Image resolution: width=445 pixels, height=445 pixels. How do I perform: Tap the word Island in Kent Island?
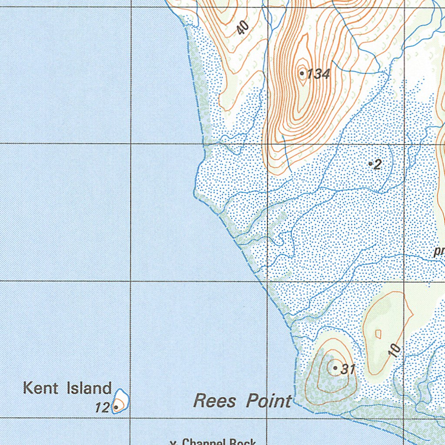coord(89,388)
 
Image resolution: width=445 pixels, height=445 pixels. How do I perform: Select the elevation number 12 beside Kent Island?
coord(103,408)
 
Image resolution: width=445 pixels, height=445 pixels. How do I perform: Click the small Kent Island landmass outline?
coord(120,400)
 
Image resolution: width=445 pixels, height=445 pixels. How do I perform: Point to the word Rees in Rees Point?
coord(215,401)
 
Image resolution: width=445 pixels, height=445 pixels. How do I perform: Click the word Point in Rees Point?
coord(269,401)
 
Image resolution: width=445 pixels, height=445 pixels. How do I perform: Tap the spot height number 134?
coord(319,74)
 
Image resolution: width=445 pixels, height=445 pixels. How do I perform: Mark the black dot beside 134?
coord(302,73)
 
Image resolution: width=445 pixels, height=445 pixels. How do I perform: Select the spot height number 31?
coord(348,369)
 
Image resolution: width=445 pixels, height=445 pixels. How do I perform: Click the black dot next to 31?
coord(335,368)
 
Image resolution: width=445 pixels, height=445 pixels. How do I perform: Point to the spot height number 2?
coord(377,164)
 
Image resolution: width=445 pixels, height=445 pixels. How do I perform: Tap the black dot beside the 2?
coord(370,164)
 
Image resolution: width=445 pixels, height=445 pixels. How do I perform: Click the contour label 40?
coord(243,28)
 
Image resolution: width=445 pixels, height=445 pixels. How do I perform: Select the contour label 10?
coord(395,350)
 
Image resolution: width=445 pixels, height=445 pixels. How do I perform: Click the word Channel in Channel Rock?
coord(203,442)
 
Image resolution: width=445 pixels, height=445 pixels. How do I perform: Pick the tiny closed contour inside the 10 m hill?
coord(378,334)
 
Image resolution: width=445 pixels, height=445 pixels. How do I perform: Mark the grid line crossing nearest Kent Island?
coord(131,418)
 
